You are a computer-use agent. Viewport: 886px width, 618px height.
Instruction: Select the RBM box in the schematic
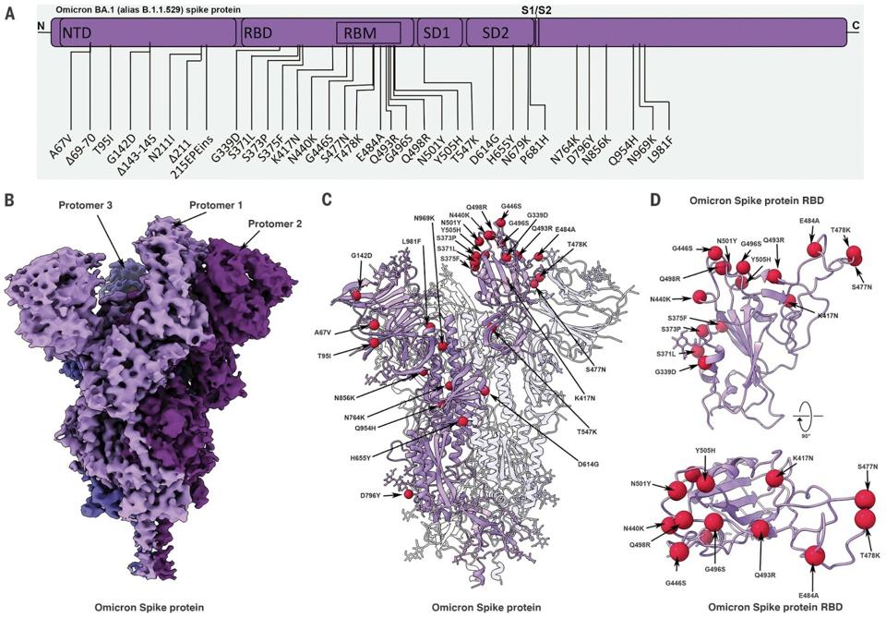[x=367, y=33]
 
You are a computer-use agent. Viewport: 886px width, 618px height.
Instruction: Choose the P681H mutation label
[x=536, y=145]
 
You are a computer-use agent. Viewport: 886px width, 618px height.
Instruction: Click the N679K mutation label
[x=521, y=144]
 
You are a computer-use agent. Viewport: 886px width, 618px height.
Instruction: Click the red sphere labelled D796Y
[x=407, y=495]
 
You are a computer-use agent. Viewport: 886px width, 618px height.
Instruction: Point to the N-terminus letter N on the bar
[x=41, y=27]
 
